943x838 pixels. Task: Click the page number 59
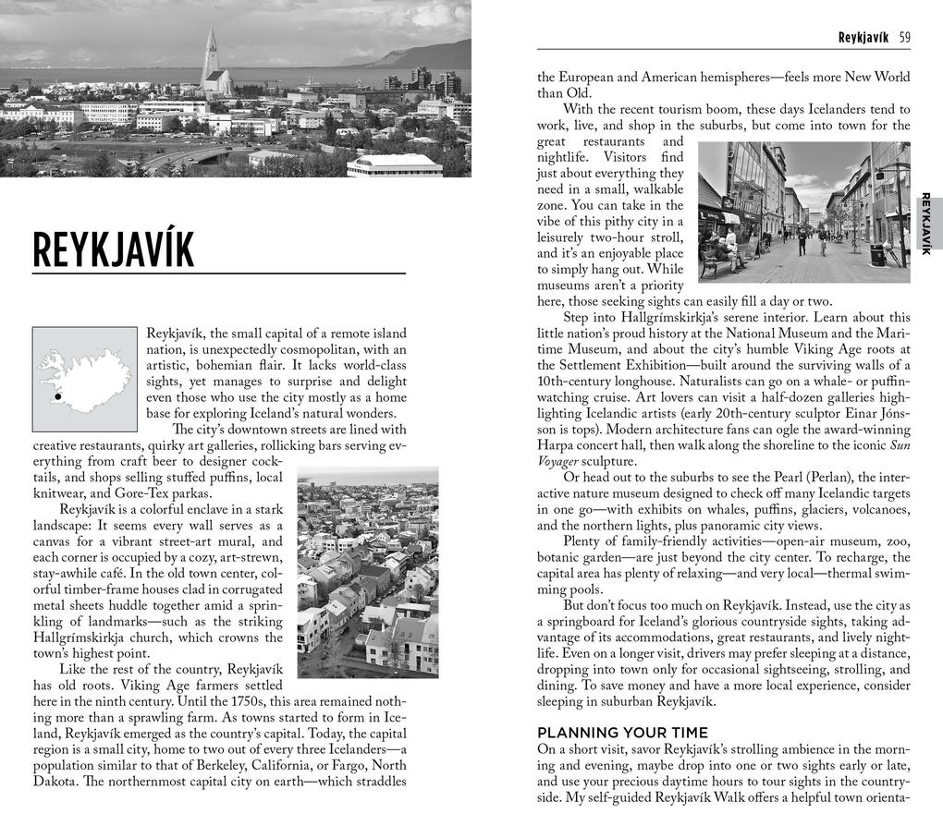tap(904, 38)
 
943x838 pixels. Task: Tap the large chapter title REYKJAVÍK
tap(114, 250)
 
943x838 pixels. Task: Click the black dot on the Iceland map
tap(58, 396)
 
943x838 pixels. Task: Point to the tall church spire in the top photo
tap(211, 55)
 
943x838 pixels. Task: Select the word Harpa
tap(556, 445)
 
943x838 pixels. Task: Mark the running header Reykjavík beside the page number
tap(863, 38)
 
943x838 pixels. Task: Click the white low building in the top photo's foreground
tap(395, 165)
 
